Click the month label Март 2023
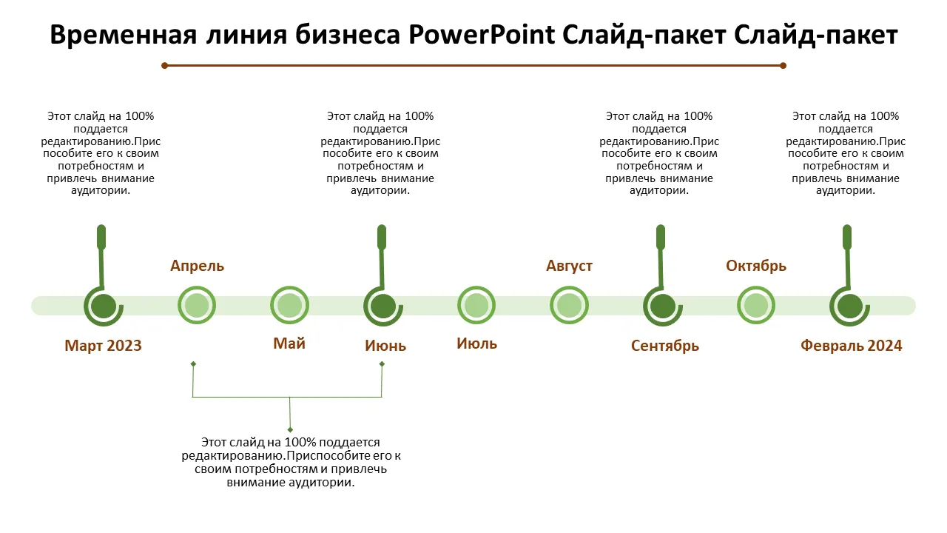click(103, 346)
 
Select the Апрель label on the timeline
click(197, 266)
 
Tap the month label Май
click(289, 343)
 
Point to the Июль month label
click(476, 343)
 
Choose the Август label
click(569, 266)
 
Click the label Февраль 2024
click(851, 346)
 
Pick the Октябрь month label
click(755, 266)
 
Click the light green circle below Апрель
click(197, 305)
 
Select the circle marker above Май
click(289, 305)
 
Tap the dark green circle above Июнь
click(382, 305)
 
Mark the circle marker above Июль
click(476, 305)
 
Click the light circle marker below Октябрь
click(755, 305)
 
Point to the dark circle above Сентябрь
click(662, 305)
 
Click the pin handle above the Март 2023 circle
click(101, 237)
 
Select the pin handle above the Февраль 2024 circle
click(848, 237)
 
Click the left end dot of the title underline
click(165, 65)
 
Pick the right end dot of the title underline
click(783, 65)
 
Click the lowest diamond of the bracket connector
click(290, 429)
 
